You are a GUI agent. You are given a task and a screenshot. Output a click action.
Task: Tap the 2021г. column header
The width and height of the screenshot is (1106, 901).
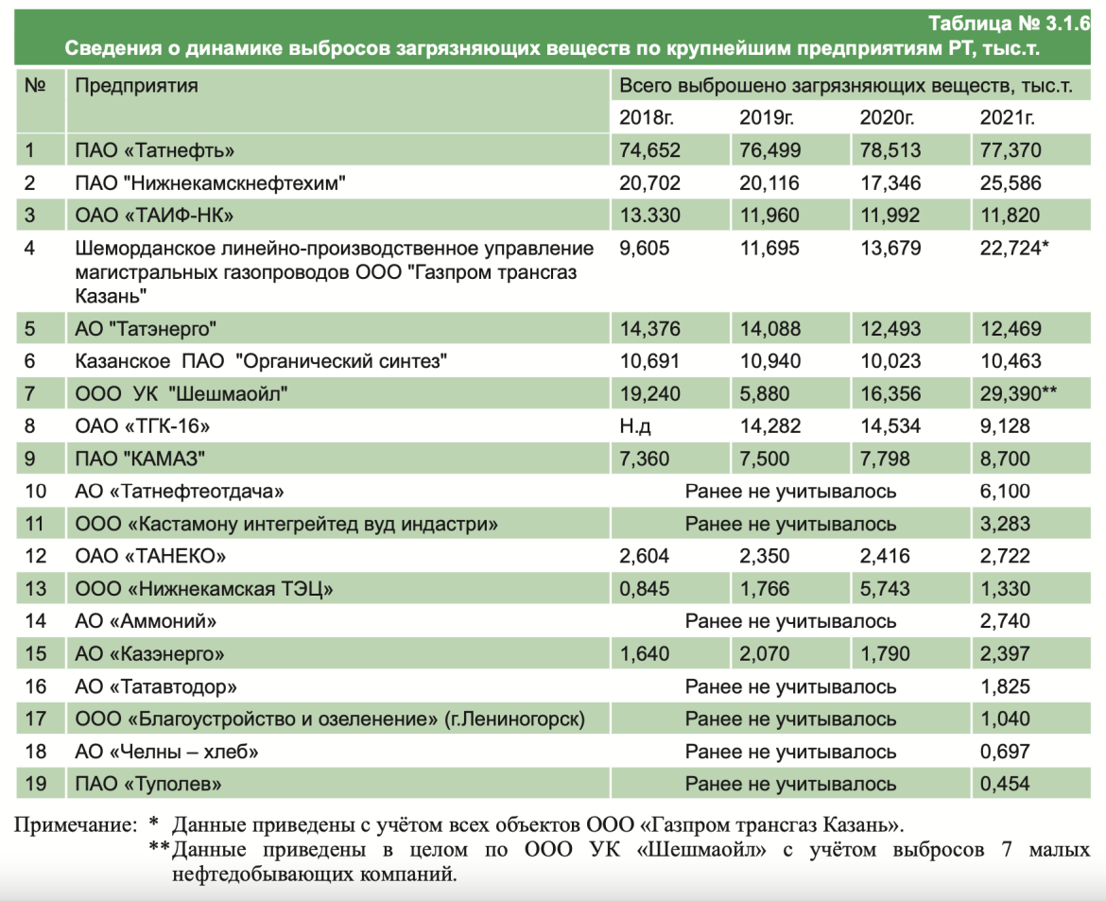(1007, 118)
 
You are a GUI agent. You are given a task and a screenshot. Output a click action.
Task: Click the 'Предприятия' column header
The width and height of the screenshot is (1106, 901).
(136, 86)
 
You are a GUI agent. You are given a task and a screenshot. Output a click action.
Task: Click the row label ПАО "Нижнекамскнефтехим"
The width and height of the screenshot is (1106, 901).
(211, 183)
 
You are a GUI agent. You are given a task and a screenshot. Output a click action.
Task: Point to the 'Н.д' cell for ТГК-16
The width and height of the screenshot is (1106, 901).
(635, 426)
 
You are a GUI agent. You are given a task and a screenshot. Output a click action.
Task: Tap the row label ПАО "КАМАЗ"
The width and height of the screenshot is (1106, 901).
(140, 459)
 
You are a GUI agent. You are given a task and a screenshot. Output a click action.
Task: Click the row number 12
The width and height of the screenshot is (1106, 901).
(35, 556)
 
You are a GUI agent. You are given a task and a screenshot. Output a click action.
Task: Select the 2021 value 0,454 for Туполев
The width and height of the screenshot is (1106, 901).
(1005, 784)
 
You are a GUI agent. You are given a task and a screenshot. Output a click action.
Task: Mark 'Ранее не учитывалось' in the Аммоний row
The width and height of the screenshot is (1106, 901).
(790, 621)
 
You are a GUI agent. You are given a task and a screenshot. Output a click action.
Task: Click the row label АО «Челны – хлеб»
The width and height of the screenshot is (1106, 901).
(166, 752)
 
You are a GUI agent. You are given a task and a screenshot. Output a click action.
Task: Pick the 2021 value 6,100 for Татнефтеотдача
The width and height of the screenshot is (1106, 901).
(1005, 492)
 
